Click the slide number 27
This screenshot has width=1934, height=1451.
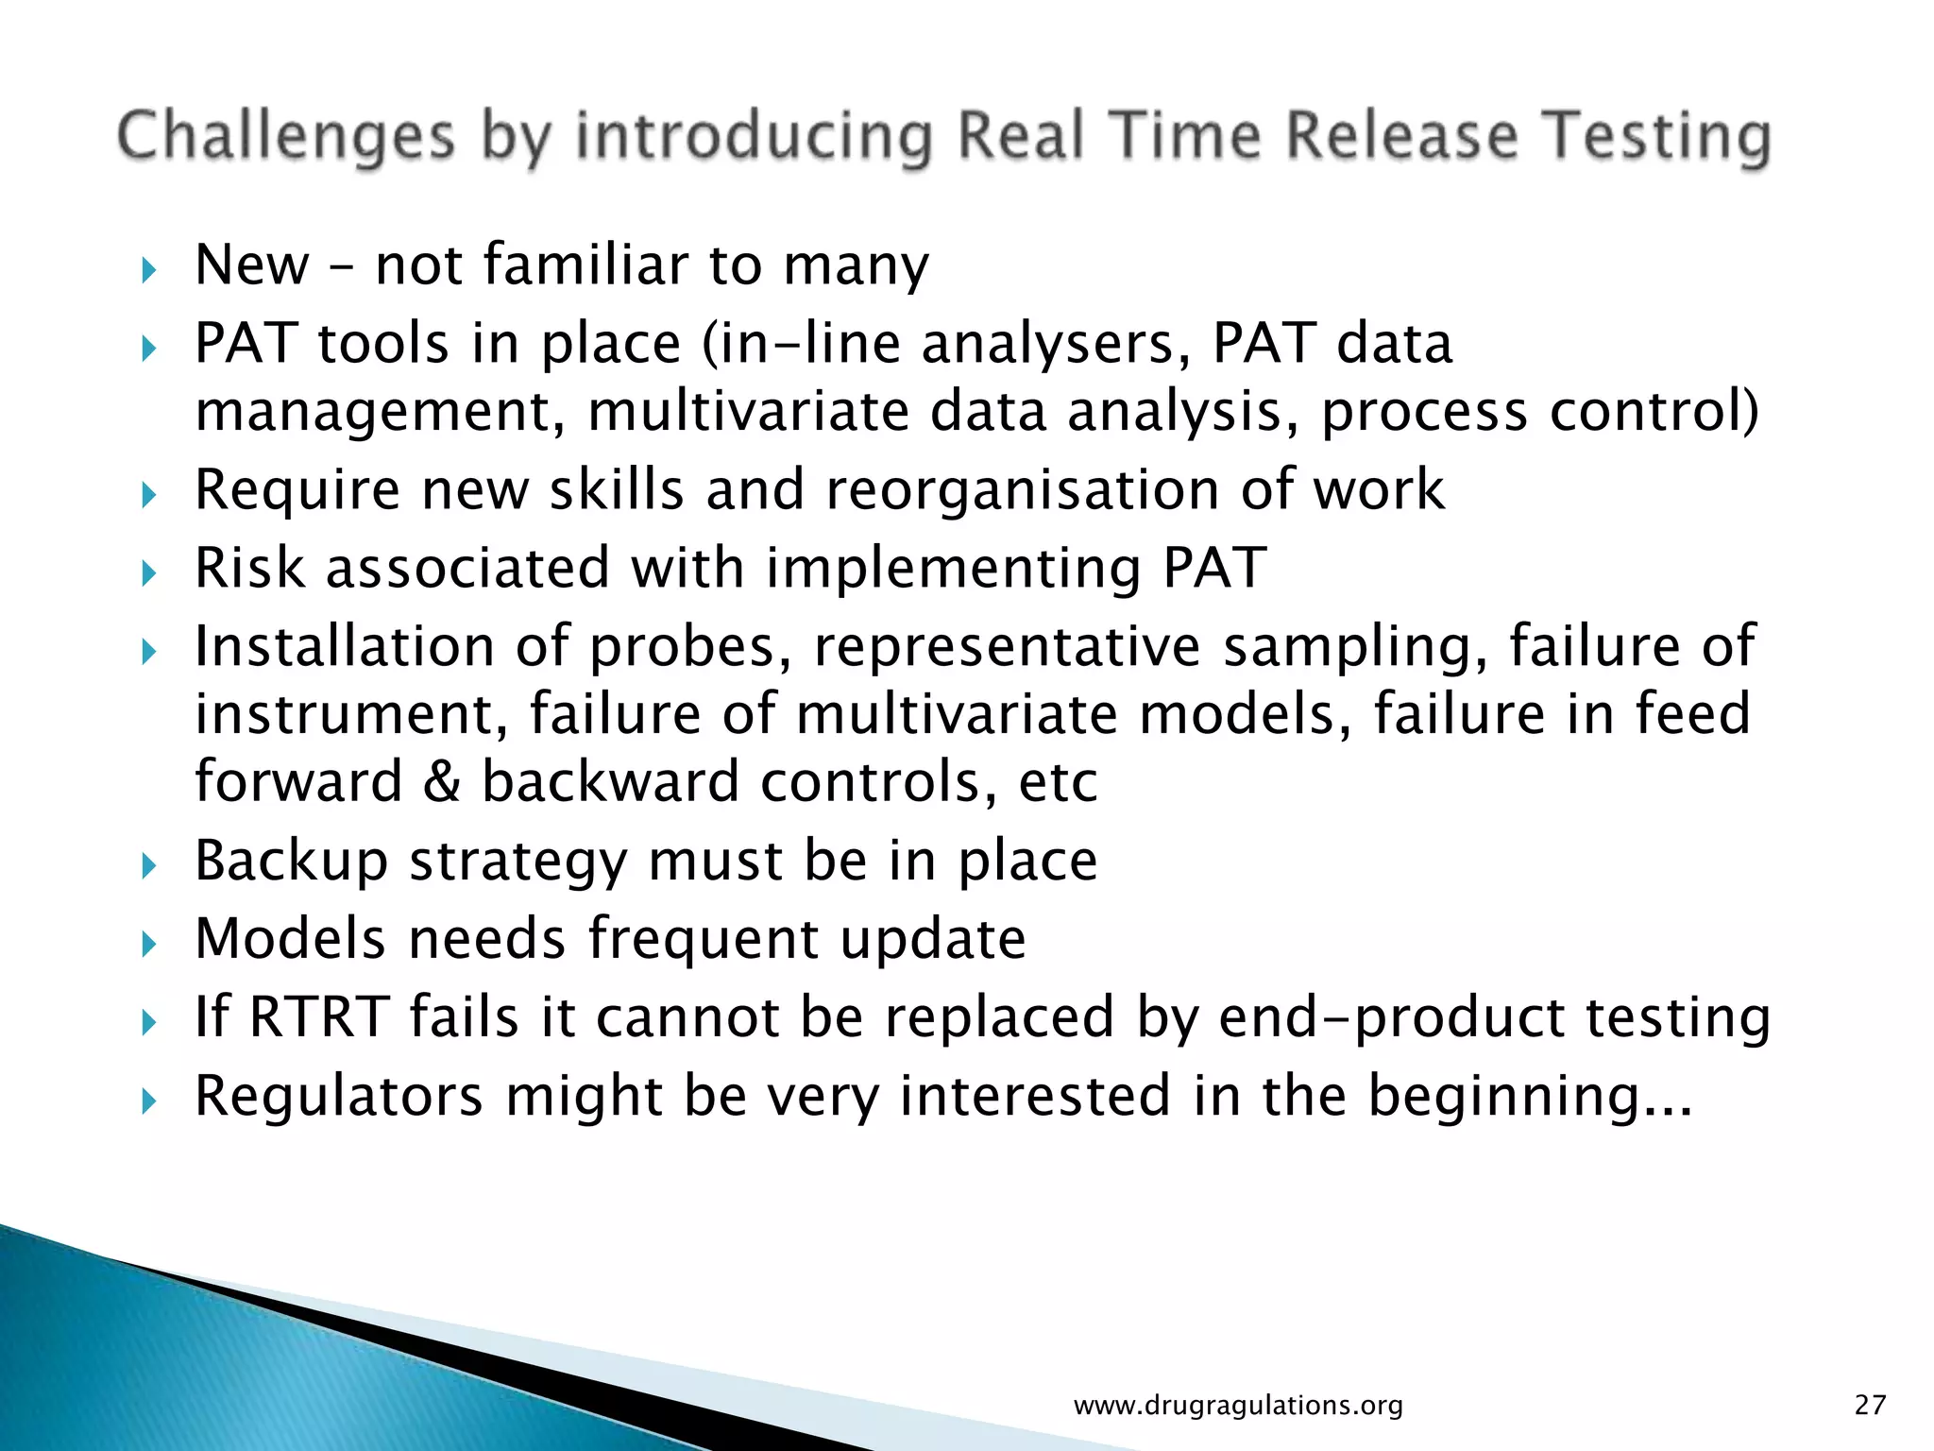[x=1870, y=1405]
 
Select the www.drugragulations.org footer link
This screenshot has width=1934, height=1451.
[x=1238, y=1406]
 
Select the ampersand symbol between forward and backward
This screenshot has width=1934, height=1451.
[x=441, y=782]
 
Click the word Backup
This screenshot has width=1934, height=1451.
[x=291, y=861]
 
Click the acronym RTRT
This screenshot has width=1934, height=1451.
[x=319, y=1017]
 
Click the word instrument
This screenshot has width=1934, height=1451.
[x=345, y=713]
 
